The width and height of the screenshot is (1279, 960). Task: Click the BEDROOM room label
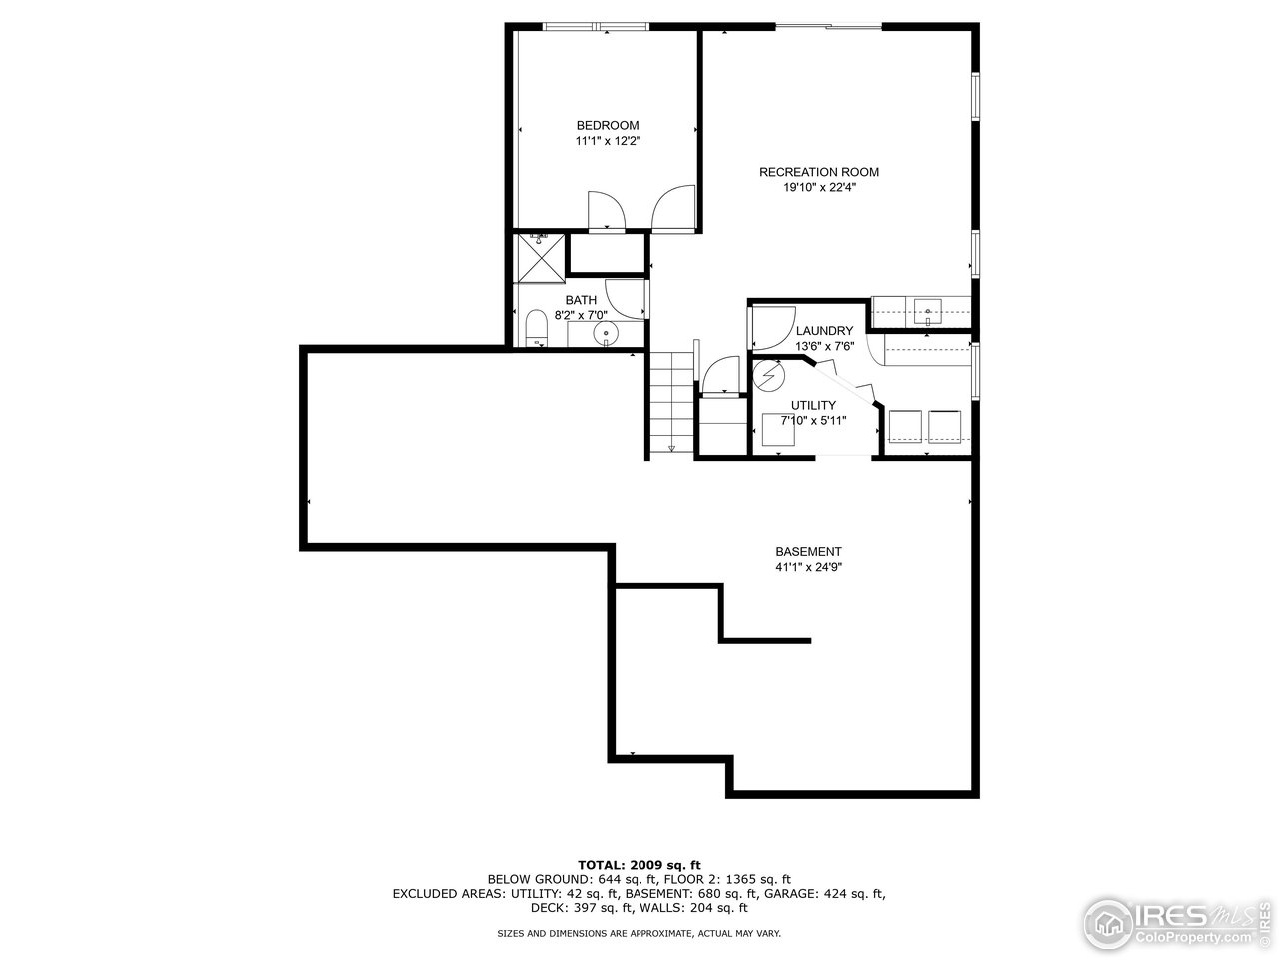point(607,125)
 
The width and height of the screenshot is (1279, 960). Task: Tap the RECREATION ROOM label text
point(818,172)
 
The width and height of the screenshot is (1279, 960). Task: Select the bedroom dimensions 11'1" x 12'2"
point(607,141)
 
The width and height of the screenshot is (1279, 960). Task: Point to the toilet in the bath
point(538,329)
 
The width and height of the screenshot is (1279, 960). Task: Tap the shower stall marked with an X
point(540,257)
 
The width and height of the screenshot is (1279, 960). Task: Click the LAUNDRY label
point(824,331)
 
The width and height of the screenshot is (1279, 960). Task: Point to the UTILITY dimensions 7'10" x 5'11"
point(813,420)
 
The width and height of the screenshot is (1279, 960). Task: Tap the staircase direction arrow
point(671,448)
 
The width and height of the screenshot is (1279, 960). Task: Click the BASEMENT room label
point(808,552)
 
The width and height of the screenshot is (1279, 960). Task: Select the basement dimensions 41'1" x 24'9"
point(808,567)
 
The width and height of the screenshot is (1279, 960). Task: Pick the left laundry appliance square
point(905,426)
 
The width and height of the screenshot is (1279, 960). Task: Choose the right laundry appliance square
point(944,426)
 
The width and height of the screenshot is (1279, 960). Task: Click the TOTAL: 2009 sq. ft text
point(639,864)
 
